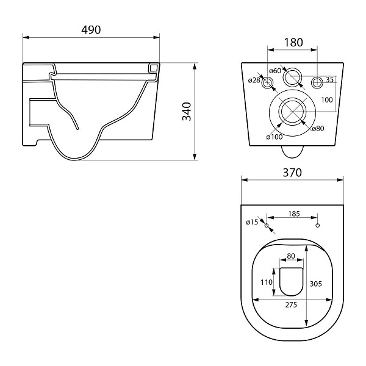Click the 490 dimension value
90,29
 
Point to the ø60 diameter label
276,71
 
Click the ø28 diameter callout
254,81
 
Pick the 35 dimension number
329,80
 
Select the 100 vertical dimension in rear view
328,100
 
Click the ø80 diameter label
317,129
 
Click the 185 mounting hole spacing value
293,215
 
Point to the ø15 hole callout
253,223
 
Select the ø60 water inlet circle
293,77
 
